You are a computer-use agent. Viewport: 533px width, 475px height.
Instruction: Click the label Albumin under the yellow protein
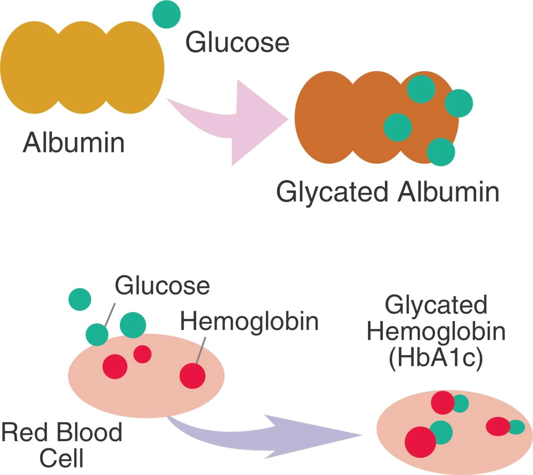(x=74, y=142)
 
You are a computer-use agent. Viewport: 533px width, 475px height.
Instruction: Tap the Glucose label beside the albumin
(x=237, y=42)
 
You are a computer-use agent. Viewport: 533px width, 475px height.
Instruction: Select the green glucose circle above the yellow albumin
(x=166, y=14)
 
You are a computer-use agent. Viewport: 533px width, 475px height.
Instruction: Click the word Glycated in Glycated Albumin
(x=332, y=192)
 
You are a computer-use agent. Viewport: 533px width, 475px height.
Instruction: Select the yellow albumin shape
(x=82, y=67)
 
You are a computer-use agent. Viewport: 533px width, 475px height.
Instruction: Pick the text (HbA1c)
(x=436, y=358)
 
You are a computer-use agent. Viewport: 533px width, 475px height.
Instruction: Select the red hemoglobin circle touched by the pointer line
(x=192, y=376)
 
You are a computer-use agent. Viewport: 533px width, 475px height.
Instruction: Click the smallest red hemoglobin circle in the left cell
(x=142, y=354)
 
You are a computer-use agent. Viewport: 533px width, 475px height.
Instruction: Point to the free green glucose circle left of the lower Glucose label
(x=80, y=299)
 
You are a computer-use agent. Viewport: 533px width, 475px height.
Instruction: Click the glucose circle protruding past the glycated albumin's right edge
(x=459, y=103)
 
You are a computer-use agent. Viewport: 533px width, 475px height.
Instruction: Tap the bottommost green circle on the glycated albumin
(x=441, y=152)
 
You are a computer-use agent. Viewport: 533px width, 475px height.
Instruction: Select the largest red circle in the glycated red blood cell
(x=420, y=442)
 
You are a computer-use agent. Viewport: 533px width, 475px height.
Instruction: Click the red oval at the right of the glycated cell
(x=498, y=426)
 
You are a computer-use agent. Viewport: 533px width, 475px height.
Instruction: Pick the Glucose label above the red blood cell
(x=162, y=286)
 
